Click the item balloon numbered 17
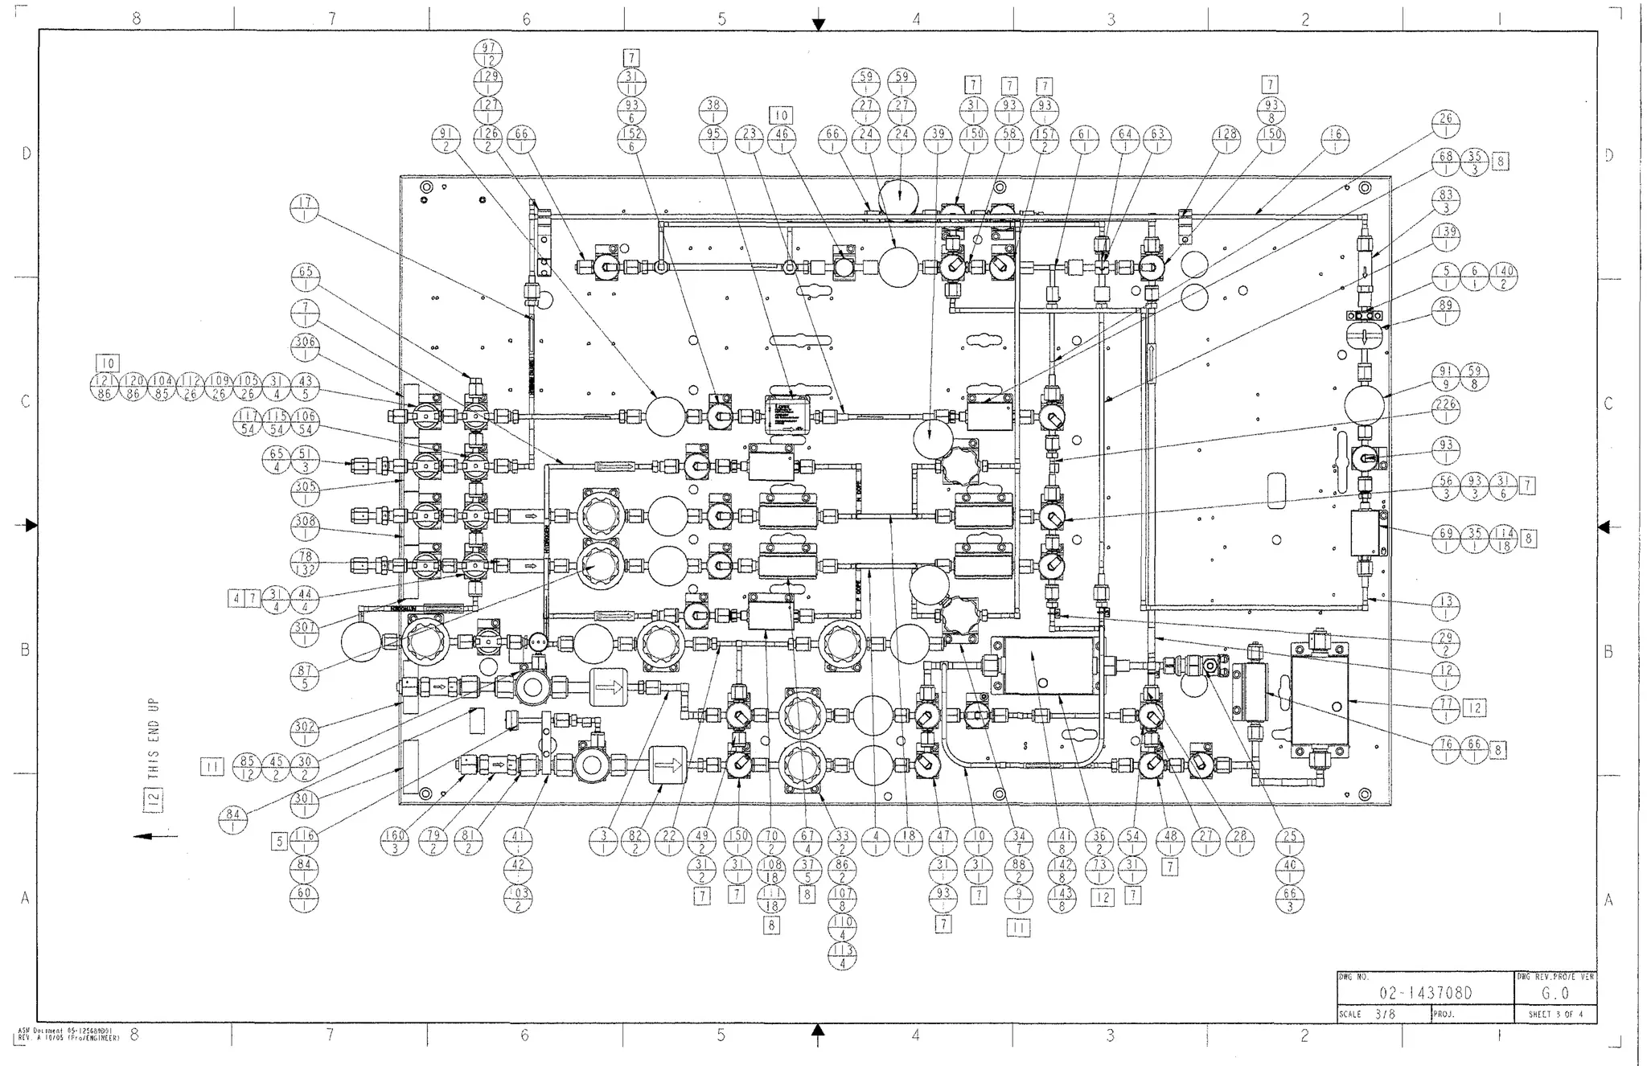(304, 210)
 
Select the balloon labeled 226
(1446, 411)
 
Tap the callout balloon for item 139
(1446, 238)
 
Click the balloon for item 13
(1446, 608)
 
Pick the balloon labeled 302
(304, 732)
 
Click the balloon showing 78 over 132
(304, 563)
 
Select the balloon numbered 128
(1226, 141)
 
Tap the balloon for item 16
(1336, 141)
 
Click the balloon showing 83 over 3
(1446, 201)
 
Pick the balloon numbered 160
(394, 843)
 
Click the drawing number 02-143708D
(1425, 994)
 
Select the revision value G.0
(1555, 994)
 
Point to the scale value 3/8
(1384, 1015)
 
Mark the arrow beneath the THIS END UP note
(154, 837)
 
